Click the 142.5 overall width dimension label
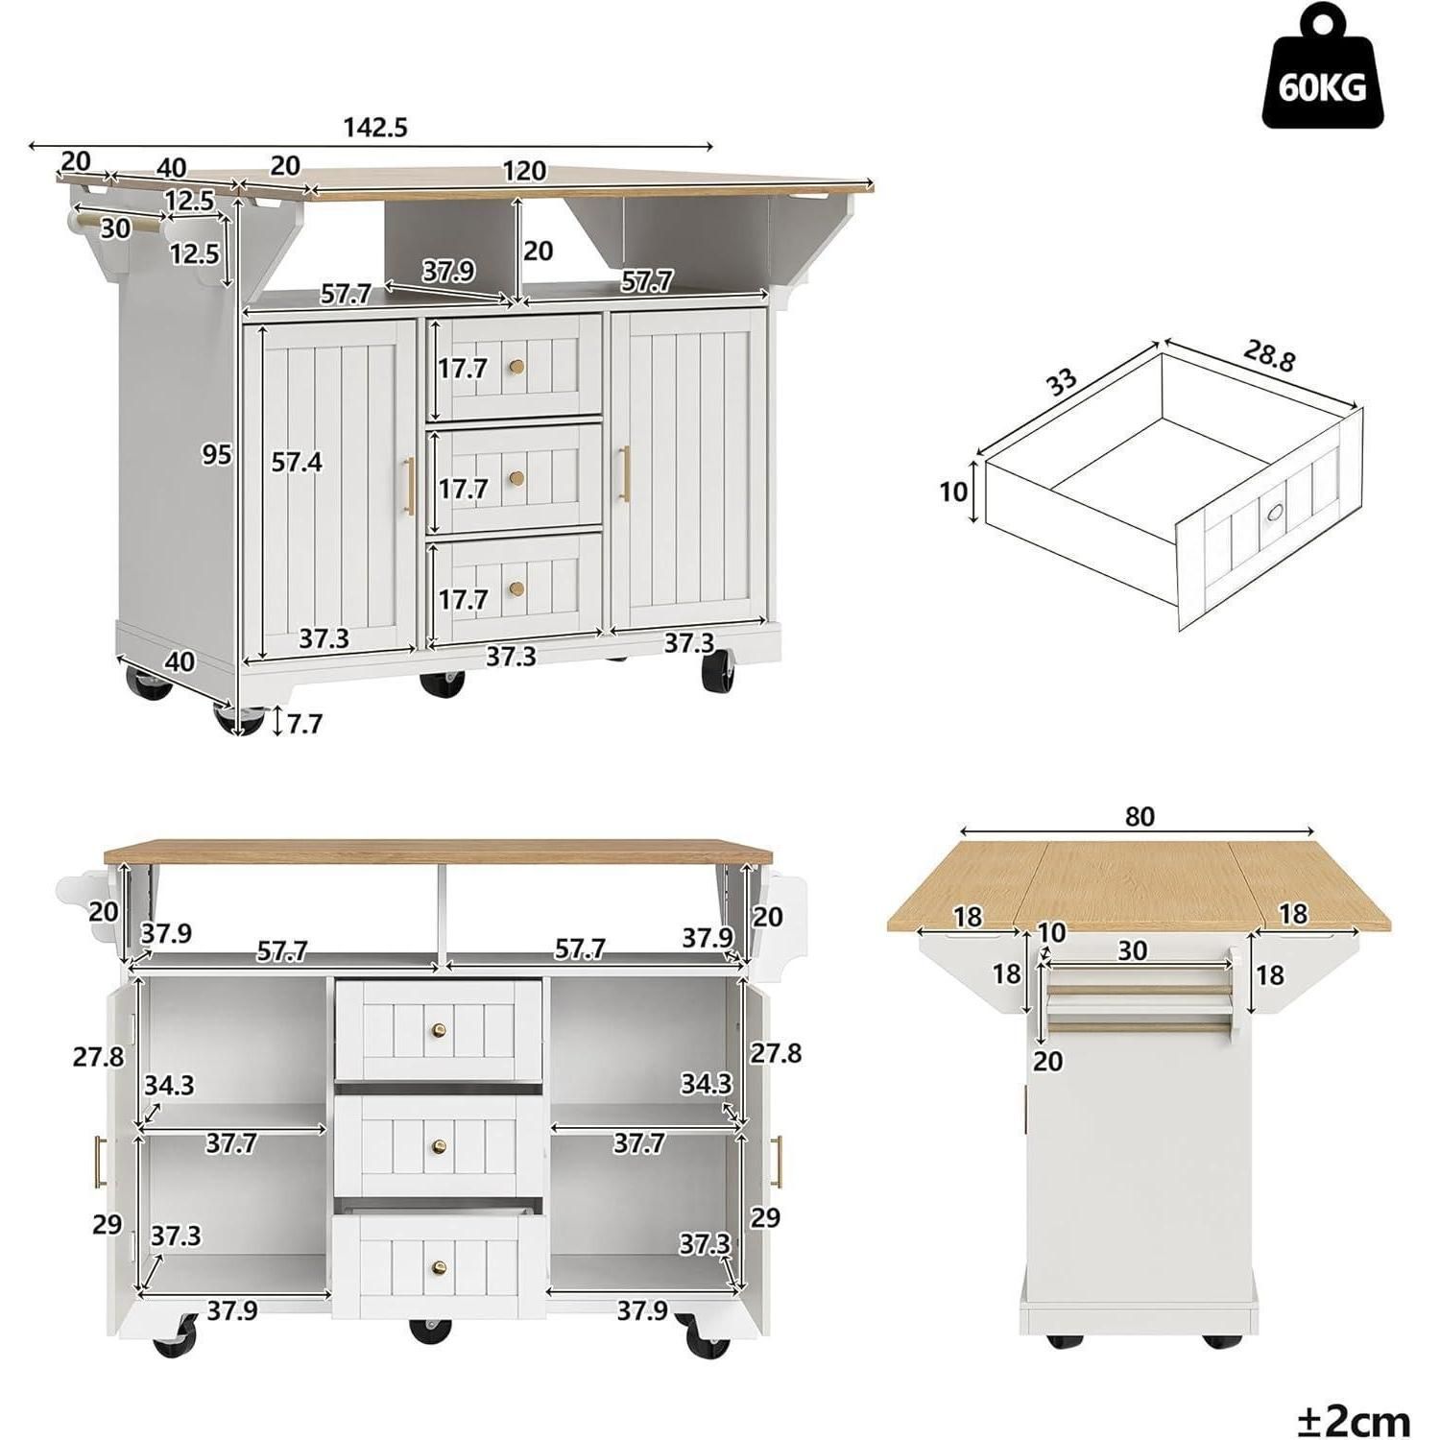click(375, 127)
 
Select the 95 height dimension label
click(216, 454)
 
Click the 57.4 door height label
click(297, 463)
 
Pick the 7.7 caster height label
click(303, 724)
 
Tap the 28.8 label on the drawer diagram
click(1269, 355)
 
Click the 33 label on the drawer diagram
click(1061, 382)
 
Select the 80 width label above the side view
click(1139, 817)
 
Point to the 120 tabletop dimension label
click(524, 171)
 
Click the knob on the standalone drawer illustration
click(1275, 513)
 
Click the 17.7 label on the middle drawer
click(463, 489)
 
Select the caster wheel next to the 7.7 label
click(239, 719)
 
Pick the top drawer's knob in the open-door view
click(440, 1031)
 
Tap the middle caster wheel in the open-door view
click(430, 1331)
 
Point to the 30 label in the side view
click(1133, 950)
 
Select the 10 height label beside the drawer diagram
click(953, 492)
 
